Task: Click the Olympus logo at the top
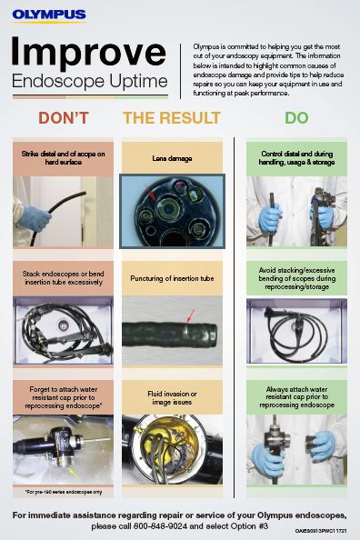tap(49, 15)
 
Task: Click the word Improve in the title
tap(90, 53)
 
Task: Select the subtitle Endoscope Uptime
tap(90, 83)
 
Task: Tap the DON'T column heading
tap(63, 118)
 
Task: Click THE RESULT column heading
tap(172, 118)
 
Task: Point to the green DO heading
tap(296, 118)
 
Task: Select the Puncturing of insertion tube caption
tap(172, 278)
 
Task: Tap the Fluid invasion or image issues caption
tap(172, 397)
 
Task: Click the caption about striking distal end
tap(63, 158)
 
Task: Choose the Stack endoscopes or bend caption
tap(63, 278)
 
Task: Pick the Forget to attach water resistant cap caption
tap(63, 397)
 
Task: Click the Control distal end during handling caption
tap(296, 158)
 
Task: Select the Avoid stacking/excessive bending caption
tap(296, 278)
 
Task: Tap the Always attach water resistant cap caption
tap(296, 397)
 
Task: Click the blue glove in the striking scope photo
tap(37, 219)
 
